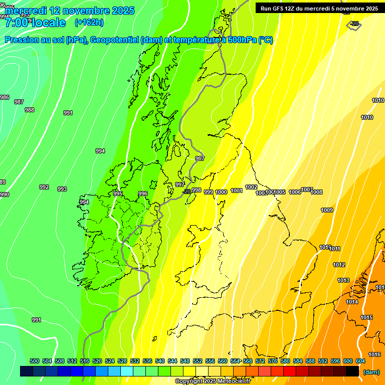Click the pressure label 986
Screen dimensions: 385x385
point(4,97)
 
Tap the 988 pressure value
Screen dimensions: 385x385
point(30,110)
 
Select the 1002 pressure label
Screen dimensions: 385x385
point(251,187)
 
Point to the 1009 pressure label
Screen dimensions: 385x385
point(327,210)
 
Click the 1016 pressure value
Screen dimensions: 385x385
point(374,354)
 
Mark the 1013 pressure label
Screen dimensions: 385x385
point(343,280)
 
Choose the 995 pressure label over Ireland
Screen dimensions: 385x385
point(118,194)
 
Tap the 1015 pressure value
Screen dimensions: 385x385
point(366,317)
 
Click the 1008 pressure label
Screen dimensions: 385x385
point(316,192)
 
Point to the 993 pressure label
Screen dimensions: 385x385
point(62,189)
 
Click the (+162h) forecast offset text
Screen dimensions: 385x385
point(89,23)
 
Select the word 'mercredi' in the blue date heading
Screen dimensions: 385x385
point(29,11)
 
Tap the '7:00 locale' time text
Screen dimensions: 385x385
point(35,23)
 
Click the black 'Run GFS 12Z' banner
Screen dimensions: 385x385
point(319,9)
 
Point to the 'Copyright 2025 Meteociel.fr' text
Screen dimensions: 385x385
point(213,381)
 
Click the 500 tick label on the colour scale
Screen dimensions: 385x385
point(35,361)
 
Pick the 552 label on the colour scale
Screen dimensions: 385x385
point(198,361)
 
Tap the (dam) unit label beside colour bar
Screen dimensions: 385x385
point(371,372)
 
